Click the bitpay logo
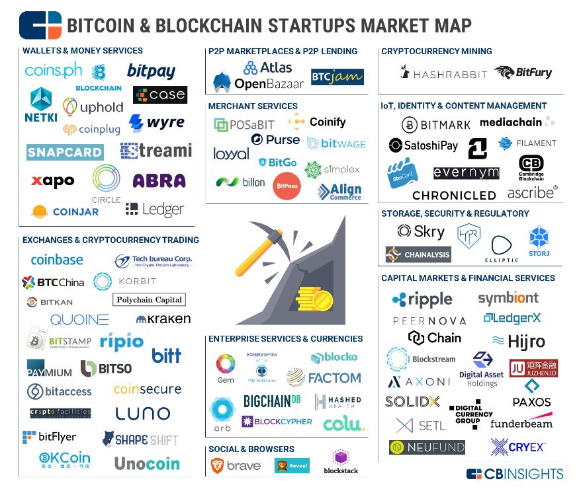pos(151,71)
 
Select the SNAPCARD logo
pos(65,152)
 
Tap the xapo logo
pos(52,180)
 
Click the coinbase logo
pos(57,260)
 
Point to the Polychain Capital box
pos(150,299)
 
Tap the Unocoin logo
pos(147,463)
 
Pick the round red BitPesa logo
pos(288,186)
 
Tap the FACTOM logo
pos(324,378)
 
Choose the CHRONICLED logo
pos(454,195)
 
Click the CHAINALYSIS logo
pos(418,254)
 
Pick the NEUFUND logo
pos(427,447)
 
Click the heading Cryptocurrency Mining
pos(437,51)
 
